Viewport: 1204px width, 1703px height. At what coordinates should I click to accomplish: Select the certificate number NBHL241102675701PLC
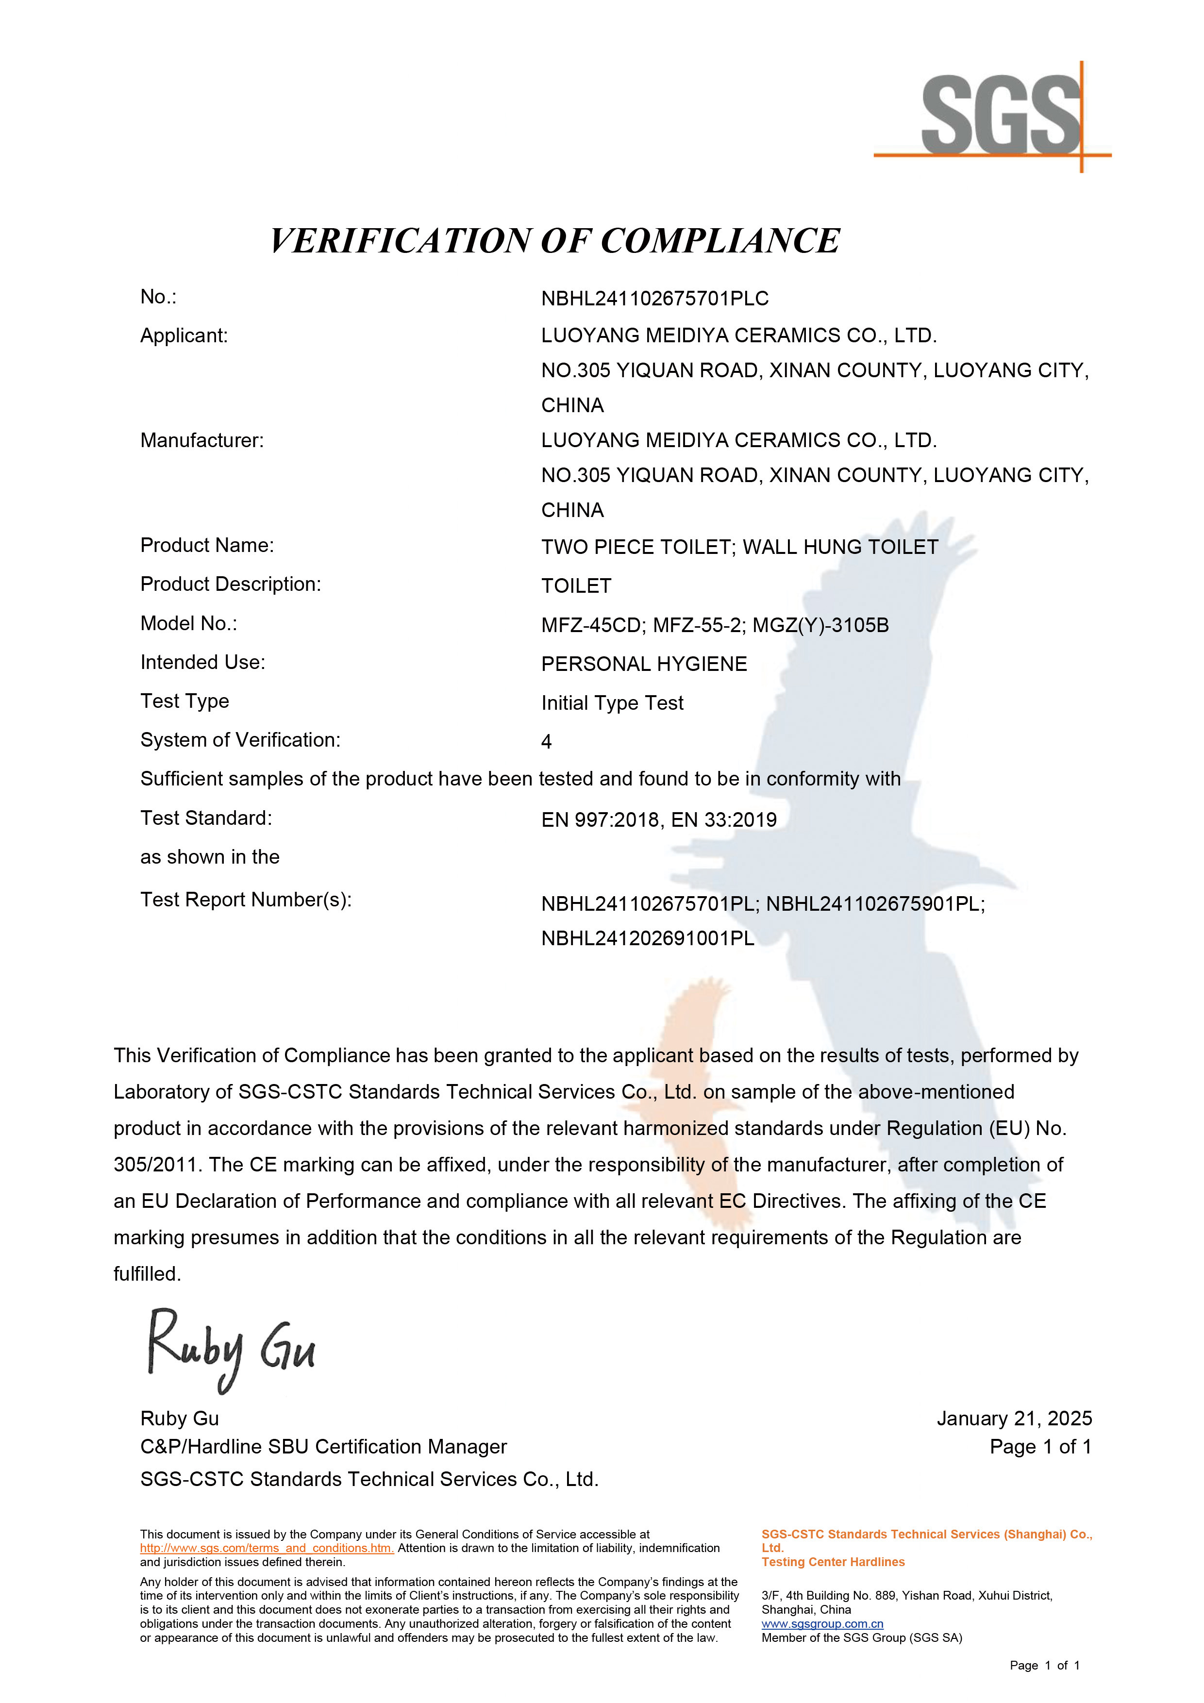(x=654, y=299)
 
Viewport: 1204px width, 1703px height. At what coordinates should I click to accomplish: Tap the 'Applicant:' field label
(x=184, y=336)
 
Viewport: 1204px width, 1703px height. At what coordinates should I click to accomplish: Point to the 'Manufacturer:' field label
(x=202, y=441)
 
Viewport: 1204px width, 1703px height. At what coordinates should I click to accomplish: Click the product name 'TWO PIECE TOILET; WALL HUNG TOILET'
(x=739, y=548)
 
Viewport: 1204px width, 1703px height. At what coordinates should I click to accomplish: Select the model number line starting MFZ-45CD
(x=714, y=625)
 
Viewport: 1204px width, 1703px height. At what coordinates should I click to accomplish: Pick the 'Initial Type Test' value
(x=612, y=703)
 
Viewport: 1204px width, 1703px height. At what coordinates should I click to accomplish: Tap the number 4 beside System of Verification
(x=547, y=742)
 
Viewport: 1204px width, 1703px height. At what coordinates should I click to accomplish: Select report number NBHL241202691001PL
(x=648, y=939)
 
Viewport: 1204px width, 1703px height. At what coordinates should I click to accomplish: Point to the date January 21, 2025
(x=1013, y=1419)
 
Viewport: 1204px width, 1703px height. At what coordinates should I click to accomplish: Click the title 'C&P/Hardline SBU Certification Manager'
(x=323, y=1447)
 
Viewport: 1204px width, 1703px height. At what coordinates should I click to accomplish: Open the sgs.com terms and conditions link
(x=267, y=1549)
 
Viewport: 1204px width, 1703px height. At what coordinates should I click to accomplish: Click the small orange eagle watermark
(x=686, y=1075)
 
